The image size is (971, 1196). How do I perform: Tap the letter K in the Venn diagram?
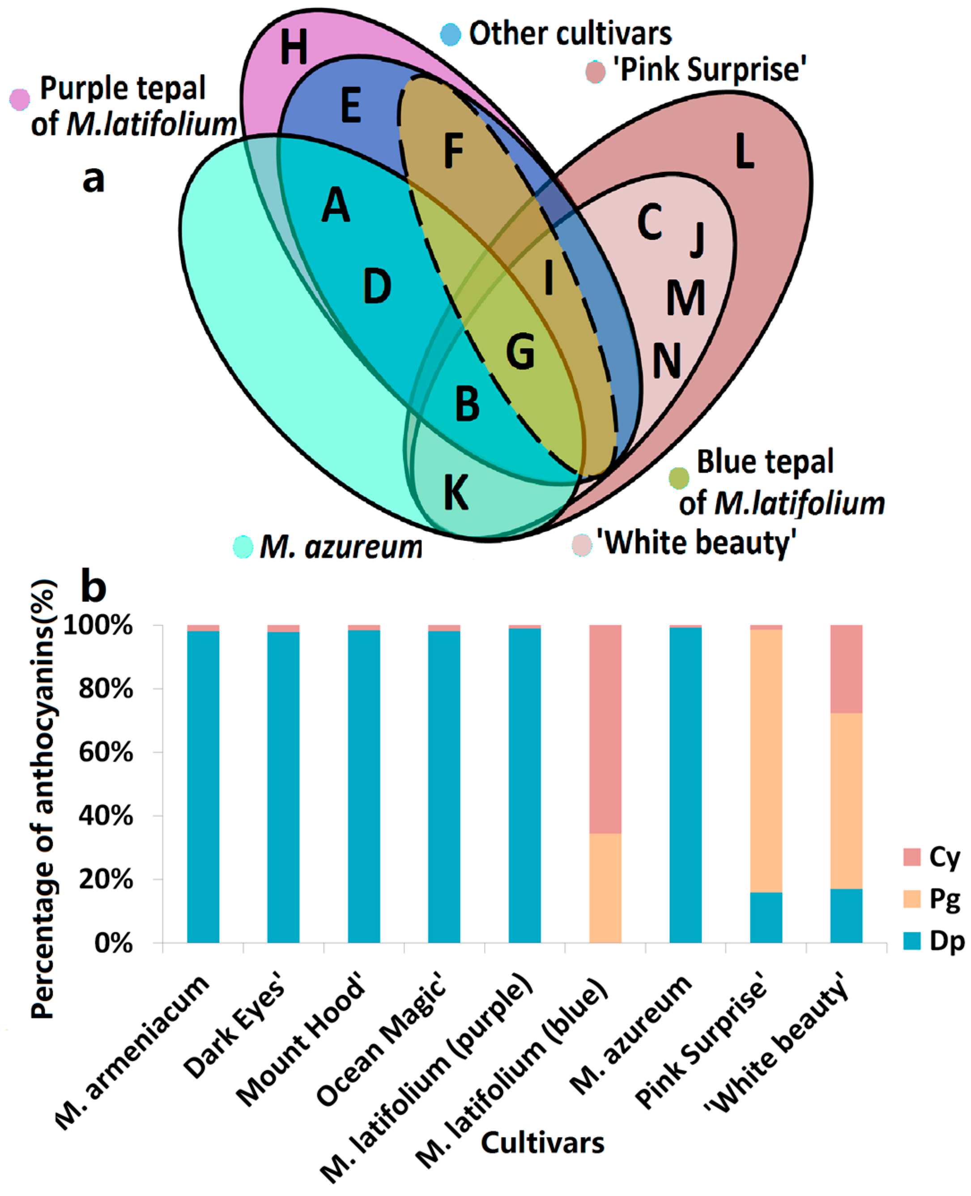[456, 492]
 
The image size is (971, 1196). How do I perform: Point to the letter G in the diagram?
[520, 351]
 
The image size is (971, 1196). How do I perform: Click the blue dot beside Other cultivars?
[450, 34]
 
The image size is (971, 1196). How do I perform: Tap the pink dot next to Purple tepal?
[20, 99]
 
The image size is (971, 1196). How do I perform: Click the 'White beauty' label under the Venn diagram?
[696, 542]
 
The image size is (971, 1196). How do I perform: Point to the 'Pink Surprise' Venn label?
[710, 70]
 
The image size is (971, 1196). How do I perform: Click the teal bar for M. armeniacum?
[203, 783]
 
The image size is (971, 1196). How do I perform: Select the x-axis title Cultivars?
[542, 1142]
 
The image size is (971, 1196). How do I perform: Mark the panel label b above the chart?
[94, 587]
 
